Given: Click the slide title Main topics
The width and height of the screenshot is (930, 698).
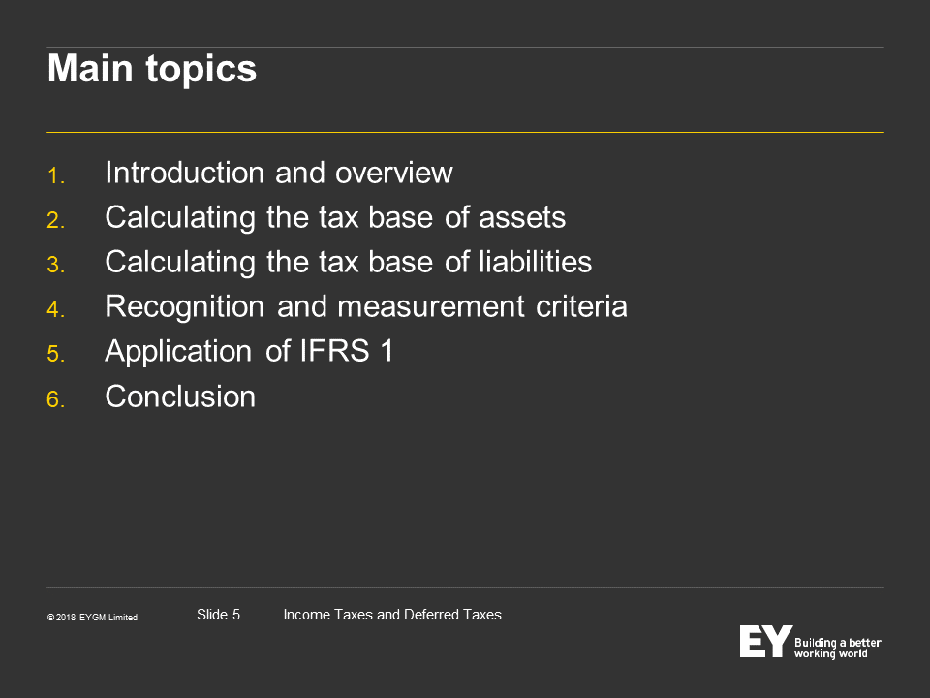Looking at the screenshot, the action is [152, 70].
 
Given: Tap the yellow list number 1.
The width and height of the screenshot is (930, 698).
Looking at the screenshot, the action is [56, 175].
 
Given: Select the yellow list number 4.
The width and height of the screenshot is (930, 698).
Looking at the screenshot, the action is [56, 309].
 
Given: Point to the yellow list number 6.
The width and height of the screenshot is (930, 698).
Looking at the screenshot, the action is [56, 398].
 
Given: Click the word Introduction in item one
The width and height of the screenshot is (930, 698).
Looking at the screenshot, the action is [184, 173].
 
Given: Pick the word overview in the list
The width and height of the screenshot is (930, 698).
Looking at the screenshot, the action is [394, 174].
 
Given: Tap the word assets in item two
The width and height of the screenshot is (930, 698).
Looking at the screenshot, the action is [522, 218].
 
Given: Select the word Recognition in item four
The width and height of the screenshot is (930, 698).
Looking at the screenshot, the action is [184, 307].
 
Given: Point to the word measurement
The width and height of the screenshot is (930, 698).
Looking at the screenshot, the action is [431, 307].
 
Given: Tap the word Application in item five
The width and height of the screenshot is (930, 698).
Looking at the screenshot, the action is [178, 351].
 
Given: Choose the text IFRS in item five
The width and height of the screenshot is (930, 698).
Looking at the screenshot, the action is [334, 351].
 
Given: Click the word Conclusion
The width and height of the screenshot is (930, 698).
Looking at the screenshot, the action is [180, 397].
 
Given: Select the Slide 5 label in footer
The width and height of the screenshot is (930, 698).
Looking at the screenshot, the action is [218, 615].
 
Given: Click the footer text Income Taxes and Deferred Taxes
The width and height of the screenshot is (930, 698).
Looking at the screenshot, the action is [392, 615].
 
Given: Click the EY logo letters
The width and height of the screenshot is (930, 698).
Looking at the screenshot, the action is [765, 641].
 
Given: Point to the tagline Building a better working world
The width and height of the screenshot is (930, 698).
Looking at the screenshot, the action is [837, 649].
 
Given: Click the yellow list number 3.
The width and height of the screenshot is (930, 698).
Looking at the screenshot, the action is [56, 265].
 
